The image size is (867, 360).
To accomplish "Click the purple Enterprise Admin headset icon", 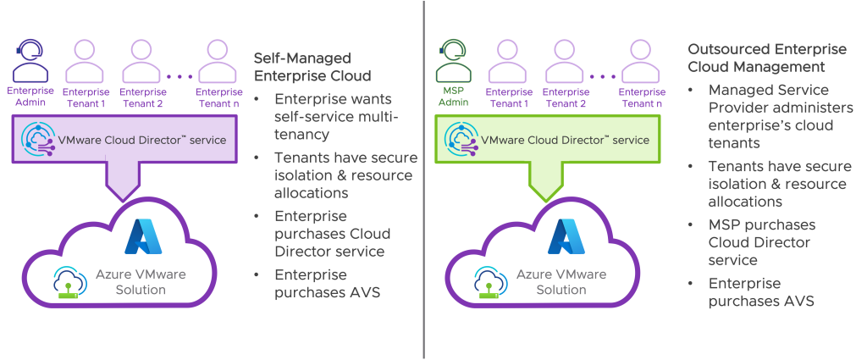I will tap(30, 59).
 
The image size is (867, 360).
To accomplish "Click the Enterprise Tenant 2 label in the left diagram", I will tap(141, 97).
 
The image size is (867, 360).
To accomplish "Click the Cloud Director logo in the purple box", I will tap(39, 138).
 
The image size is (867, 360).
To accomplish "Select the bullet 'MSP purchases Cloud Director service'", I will tap(762, 242).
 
